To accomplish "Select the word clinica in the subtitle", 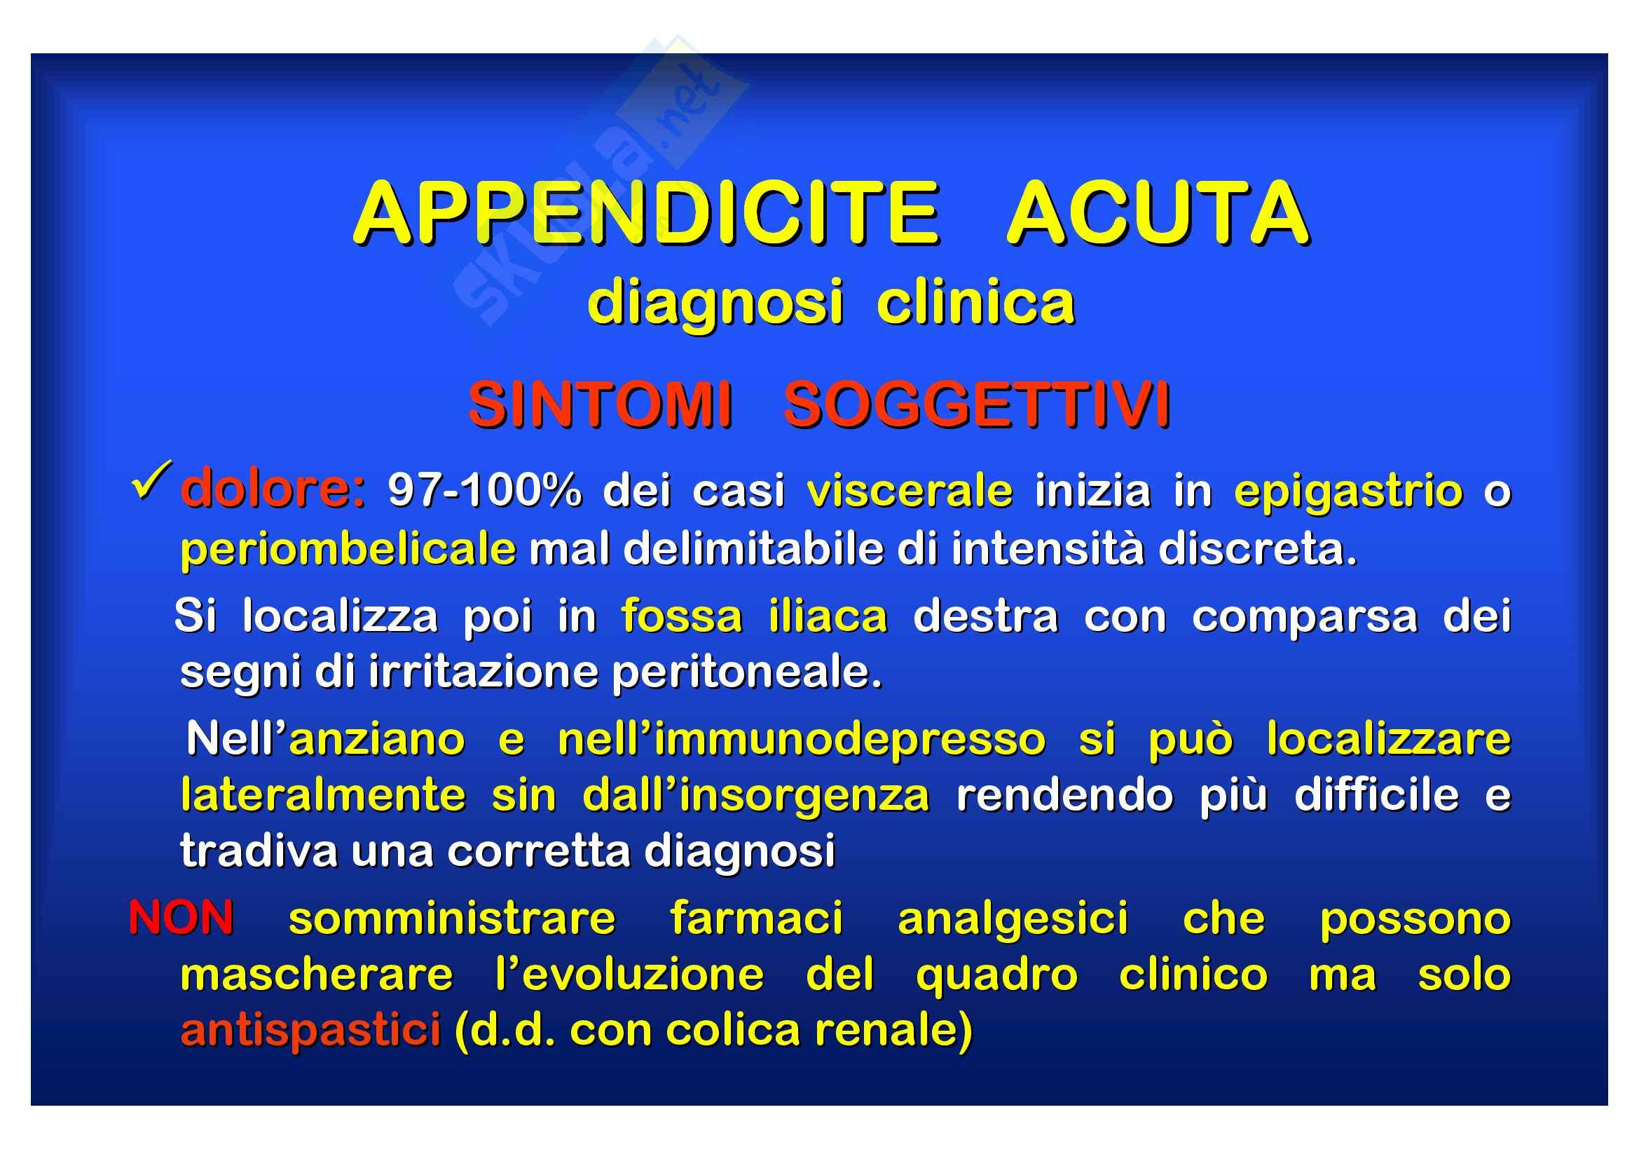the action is [975, 303].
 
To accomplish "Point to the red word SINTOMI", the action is [601, 405].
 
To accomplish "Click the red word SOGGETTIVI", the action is [977, 405].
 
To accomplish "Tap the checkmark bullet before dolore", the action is [151, 481].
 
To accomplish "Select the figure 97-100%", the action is [484, 491].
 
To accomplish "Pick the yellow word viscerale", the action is [910, 491].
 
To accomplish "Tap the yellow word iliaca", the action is [828, 615].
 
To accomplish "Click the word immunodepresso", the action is [849, 740].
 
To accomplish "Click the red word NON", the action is [181, 918].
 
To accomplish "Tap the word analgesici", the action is [1013, 921].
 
